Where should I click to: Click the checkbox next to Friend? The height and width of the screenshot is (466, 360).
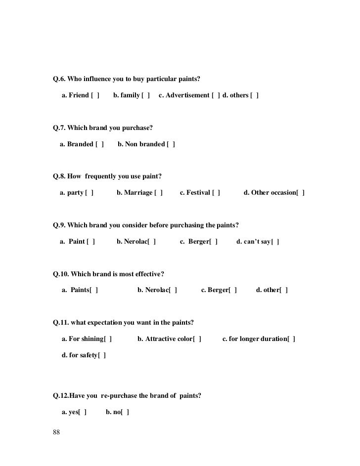[95, 95]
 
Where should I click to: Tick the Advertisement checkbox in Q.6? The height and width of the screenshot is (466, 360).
[216, 95]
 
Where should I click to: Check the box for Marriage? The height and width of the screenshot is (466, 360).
[158, 193]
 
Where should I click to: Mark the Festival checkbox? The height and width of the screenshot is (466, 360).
[216, 193]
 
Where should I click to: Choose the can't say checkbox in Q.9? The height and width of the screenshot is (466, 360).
[275, 242]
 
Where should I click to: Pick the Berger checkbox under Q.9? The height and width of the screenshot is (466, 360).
[214, 242]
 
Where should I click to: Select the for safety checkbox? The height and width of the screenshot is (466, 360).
[102, 355]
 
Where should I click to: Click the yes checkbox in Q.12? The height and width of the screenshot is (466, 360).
[83, 412]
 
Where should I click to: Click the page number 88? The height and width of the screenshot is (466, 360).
[56, 433]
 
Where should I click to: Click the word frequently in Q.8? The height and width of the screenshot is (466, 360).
[104, 176]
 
